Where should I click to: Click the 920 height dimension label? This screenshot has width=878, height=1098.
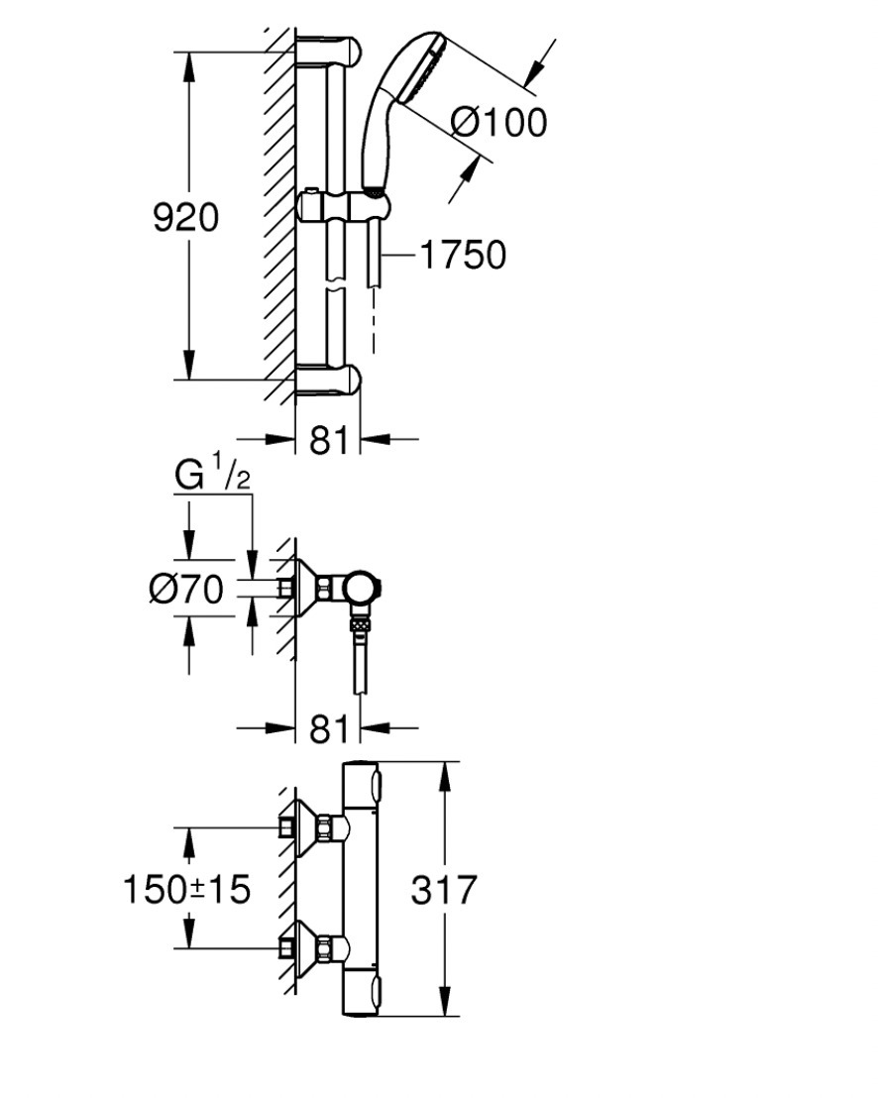click(x=185, y=217)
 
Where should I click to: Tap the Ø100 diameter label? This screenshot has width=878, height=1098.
click(x=498, y=123)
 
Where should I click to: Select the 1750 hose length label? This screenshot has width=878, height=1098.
click(x=463, y=255)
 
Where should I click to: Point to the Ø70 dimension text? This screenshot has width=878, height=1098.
click(x=186, y=589)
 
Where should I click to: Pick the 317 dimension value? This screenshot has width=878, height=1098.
click(x=444, y=889)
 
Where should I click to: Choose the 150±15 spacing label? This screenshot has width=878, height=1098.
click(x=186, y=889)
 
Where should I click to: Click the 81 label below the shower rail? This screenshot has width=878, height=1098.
click(x=328, y=440)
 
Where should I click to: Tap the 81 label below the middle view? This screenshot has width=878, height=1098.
click(x=328, y=729)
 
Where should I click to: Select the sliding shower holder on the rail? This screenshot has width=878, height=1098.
click(x=343, y=206)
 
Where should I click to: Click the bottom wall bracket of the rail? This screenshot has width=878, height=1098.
click(x=328, y=381)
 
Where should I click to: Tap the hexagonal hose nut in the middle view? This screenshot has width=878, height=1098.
click(x=360, y=622)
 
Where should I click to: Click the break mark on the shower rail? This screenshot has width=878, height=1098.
click(x=336, y=285)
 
